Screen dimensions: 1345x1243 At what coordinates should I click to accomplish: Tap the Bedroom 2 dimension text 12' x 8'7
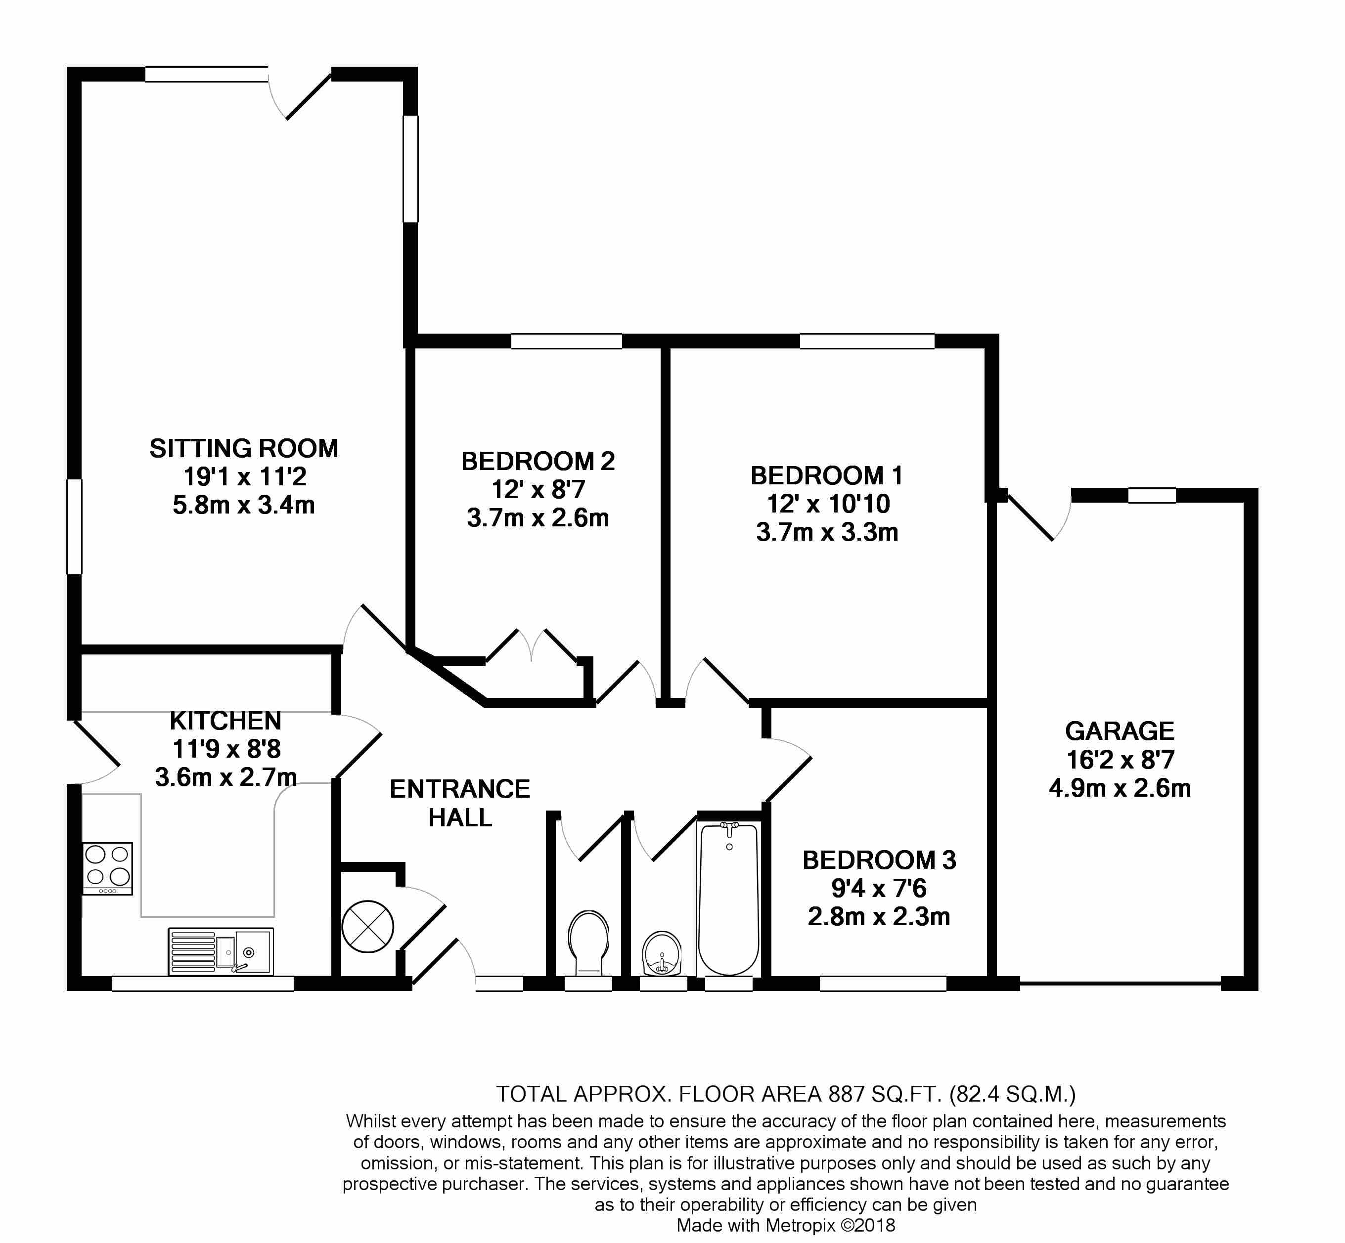[x=538, y=490]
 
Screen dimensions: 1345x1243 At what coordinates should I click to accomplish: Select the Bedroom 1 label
[x=827, y=475]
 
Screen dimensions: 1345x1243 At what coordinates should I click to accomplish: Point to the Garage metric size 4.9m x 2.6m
[x=1120, y=788]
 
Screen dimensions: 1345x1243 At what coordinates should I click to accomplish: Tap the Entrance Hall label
[x=460, y=803]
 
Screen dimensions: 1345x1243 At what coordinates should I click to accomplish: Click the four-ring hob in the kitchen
[x=108, y=868]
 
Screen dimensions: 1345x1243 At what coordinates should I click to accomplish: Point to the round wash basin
[x=662, y=953]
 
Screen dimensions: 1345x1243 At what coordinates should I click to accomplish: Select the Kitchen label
[x=225, y=721]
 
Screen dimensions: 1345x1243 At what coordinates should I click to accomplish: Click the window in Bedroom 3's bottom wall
[x=883, y=984]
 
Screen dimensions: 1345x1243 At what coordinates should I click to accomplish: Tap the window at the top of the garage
[x=1152, y=496]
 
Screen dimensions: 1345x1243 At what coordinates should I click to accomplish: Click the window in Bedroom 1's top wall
[x=867, y=341]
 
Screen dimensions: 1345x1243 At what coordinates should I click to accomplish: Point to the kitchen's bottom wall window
[x=203, y=984]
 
